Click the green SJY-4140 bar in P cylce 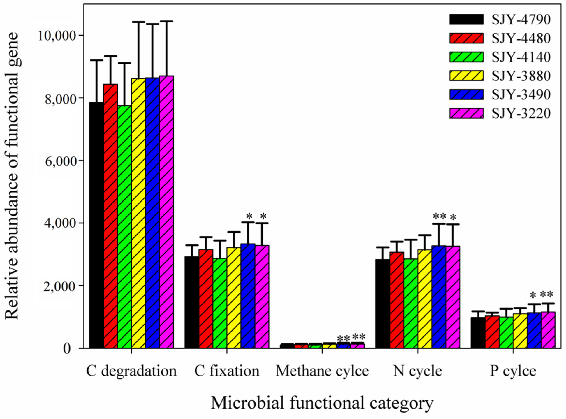pos(506,332)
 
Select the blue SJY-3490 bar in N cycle pos(439,297)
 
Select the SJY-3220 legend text pos(521,113)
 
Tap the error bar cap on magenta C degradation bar pos(166,22)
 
